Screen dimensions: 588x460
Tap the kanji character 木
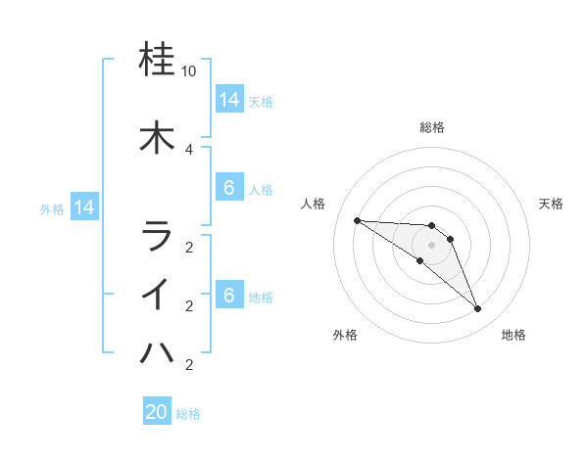(x=157, y=137)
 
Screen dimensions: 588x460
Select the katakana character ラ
(x=157, y=236)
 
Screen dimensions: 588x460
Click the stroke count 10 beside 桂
(x=189, y=72)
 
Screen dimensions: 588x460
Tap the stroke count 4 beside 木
(x=189, y=149)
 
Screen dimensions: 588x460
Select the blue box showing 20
(x=157, y=412)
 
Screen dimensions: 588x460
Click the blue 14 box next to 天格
(x=228, y=100)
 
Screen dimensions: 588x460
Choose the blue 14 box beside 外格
(x=83, y=207)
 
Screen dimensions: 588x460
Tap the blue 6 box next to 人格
(x=228, y=188)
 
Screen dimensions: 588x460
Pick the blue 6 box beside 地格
(x=228, y=296)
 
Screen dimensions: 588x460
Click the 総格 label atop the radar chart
(x=431, y=127)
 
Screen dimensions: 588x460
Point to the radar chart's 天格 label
(x=551, y=204)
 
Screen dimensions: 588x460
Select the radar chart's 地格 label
(x=514, y=335)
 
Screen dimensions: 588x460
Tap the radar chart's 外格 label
(x=345, y=335)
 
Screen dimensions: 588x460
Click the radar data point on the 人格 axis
(x=357, y=220)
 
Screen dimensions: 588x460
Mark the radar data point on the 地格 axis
(x=478, y=309)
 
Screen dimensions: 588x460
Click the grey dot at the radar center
(x=431, y=245)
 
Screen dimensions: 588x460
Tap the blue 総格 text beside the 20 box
(x=189, y=414)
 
